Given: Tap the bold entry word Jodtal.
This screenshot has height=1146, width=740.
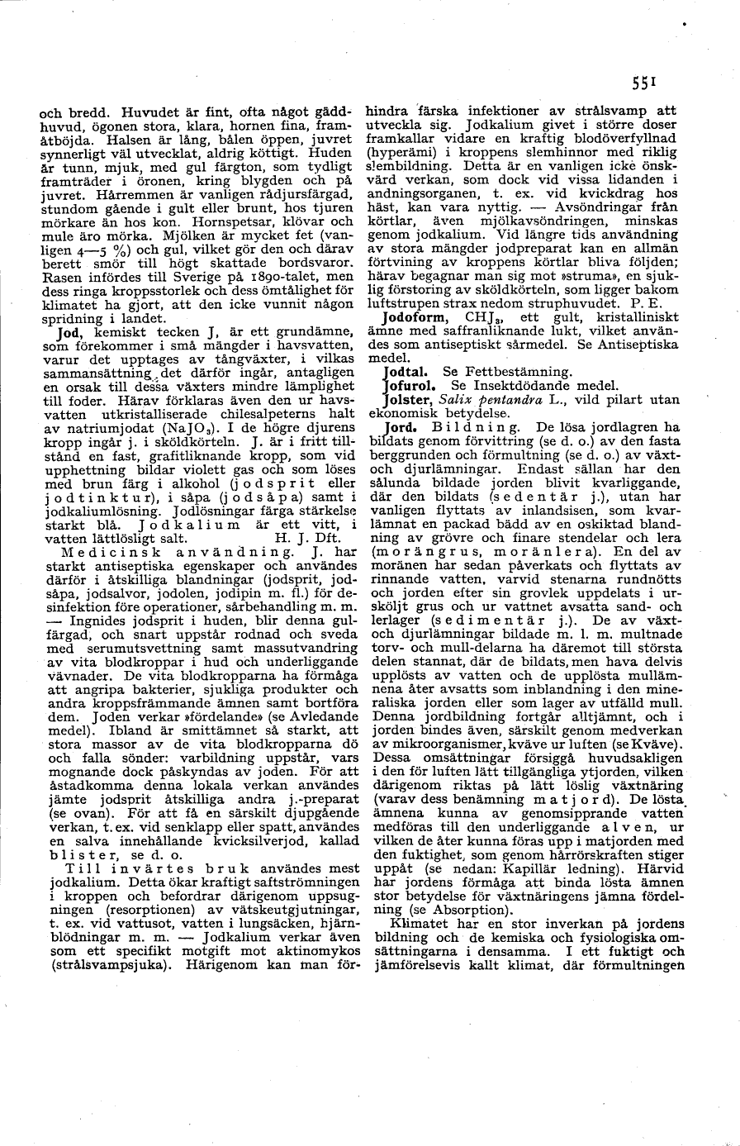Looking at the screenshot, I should click(x=407, y=372).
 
